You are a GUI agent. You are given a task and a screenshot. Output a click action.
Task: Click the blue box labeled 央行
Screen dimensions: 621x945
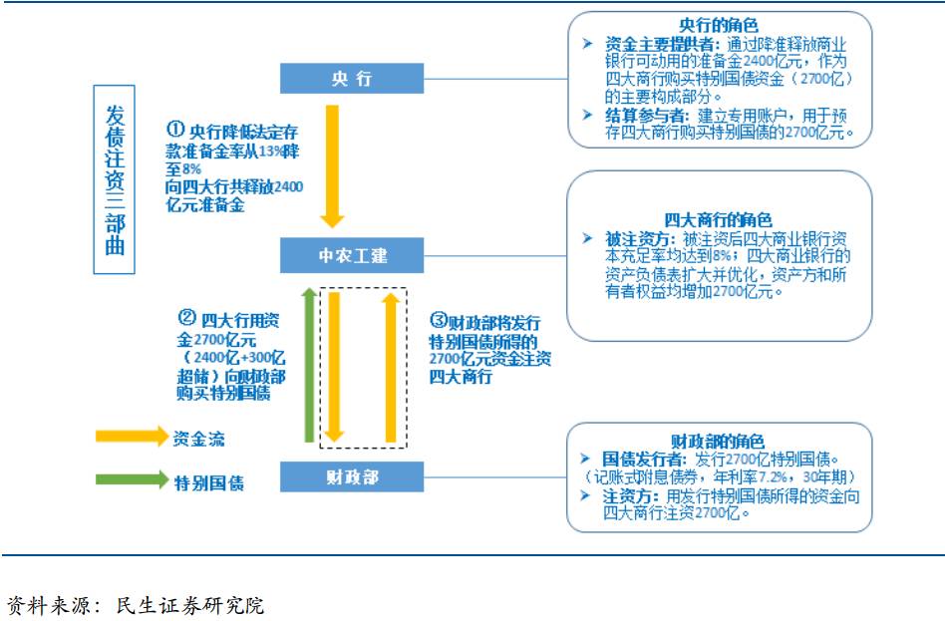pos(351,79)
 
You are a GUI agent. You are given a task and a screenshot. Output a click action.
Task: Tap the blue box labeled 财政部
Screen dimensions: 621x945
pos(351,476)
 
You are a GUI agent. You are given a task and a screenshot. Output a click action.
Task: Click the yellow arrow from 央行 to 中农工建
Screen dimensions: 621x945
pos(332,164)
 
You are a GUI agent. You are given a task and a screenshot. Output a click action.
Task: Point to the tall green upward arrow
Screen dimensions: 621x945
pos(309,364)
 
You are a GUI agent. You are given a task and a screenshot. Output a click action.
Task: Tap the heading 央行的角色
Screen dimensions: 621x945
pos(718,26)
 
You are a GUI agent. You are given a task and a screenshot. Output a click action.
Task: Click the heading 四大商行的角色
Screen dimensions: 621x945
pos(718,220)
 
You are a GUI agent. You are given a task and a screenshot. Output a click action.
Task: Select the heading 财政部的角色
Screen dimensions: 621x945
pos(718,441)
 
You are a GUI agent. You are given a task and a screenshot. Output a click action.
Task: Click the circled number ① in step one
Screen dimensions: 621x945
pos(175,130)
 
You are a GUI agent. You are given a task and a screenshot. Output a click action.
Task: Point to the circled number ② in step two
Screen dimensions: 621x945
pos(185,319)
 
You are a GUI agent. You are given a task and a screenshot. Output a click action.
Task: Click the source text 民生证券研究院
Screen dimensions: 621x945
pos(190,604)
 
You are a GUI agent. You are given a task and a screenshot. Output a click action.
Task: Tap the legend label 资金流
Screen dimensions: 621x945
pos(197,437)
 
